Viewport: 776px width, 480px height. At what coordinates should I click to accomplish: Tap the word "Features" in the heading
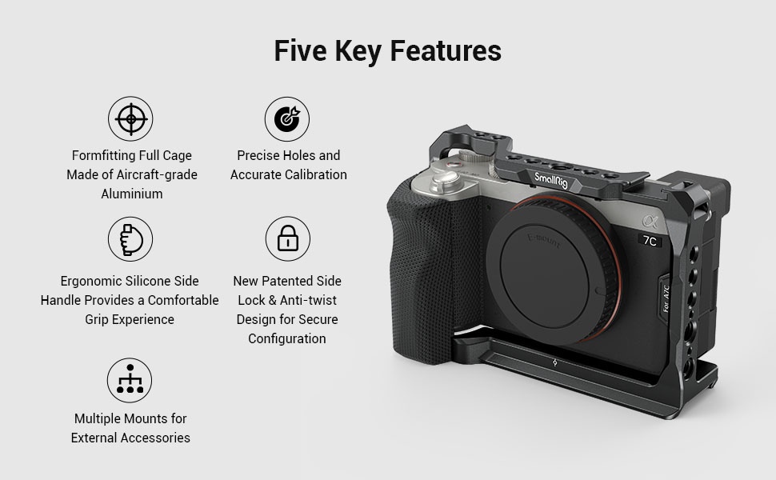(446, 50)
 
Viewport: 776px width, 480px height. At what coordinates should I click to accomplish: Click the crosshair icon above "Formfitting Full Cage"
(130, 119)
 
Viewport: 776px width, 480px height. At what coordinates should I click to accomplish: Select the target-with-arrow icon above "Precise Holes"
(287, 119)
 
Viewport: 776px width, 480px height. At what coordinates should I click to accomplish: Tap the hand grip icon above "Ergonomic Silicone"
(130, 238)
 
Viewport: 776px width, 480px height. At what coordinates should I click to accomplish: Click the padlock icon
(287, 238)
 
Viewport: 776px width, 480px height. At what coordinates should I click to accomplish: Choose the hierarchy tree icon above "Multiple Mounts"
(130, 381)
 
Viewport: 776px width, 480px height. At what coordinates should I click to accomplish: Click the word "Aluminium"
(131, 194)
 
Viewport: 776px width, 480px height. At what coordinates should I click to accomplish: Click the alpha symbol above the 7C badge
(649, 222)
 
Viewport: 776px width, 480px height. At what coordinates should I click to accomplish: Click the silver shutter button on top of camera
(452, 160)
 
